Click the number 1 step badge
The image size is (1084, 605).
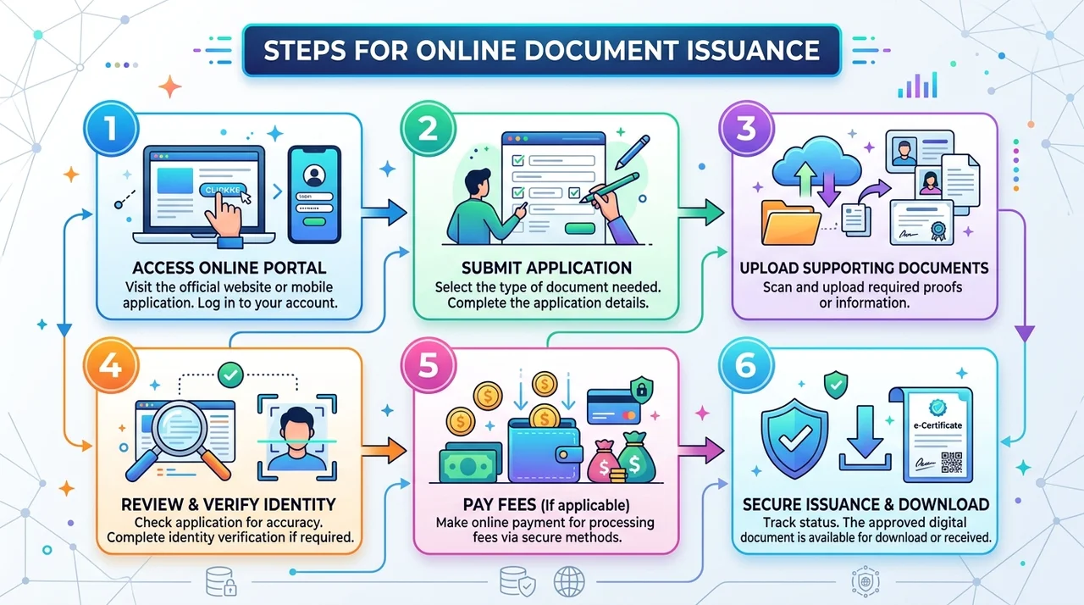(x=111, y=128)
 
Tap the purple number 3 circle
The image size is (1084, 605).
(x=746, y=128)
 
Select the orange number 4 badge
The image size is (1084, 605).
(x=111, y=365)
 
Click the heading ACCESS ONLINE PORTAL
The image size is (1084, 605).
(x=230, y=268)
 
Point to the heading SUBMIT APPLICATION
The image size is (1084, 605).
(x=546, y=268)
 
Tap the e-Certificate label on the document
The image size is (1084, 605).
(x=937, y=425)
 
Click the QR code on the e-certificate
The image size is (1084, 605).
(x=951, y=462)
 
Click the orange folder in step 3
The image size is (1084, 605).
(x=790, y=223)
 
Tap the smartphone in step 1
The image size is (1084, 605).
(x=314, y=195)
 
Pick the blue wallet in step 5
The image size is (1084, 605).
(x=545, y=450)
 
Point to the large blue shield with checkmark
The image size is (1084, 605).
(x=794, y=438)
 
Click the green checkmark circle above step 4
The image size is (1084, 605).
(x=230, y=375)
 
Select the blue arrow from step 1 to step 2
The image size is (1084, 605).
(x=384, y=213)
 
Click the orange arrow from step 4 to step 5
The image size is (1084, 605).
(x=384, y=451)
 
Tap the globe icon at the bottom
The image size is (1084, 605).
(x=569, y=581)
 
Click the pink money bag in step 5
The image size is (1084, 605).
(x=603, y=462)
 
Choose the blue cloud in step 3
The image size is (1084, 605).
(x=817, y=162)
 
